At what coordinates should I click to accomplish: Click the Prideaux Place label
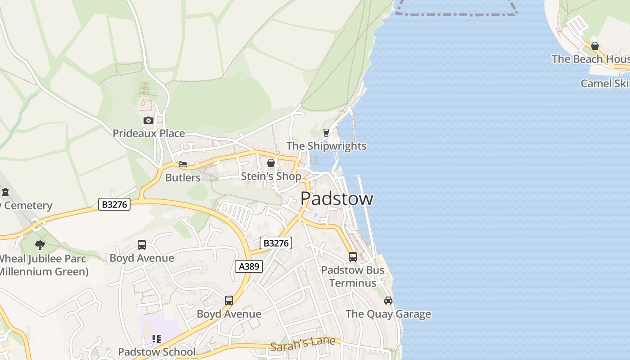(148, 133)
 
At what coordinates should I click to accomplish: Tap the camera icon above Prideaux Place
(148, 120)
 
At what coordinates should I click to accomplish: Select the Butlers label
(183, 177)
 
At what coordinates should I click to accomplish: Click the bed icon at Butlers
(182, 164)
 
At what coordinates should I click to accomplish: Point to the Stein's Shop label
(271, 176)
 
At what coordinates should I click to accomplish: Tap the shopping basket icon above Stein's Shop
(271, 162)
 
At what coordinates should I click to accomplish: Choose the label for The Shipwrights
(326, 146)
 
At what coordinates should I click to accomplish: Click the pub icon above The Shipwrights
(326, 132)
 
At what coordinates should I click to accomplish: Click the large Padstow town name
(337, 198)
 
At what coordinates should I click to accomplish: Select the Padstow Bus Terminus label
(353, 276)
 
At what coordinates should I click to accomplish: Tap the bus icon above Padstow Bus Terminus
(353, 256)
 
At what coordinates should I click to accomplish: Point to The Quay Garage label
(388, 314)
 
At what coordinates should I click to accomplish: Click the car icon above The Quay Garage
(388, 300)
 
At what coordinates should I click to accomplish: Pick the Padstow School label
(157, 351)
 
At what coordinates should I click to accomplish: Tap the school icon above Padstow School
(157, 338)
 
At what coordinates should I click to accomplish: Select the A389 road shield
(249, 266)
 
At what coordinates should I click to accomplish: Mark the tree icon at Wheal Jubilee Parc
(40, 245)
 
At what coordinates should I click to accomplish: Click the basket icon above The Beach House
(595, 46)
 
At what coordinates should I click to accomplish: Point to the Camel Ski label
(605, 83)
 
